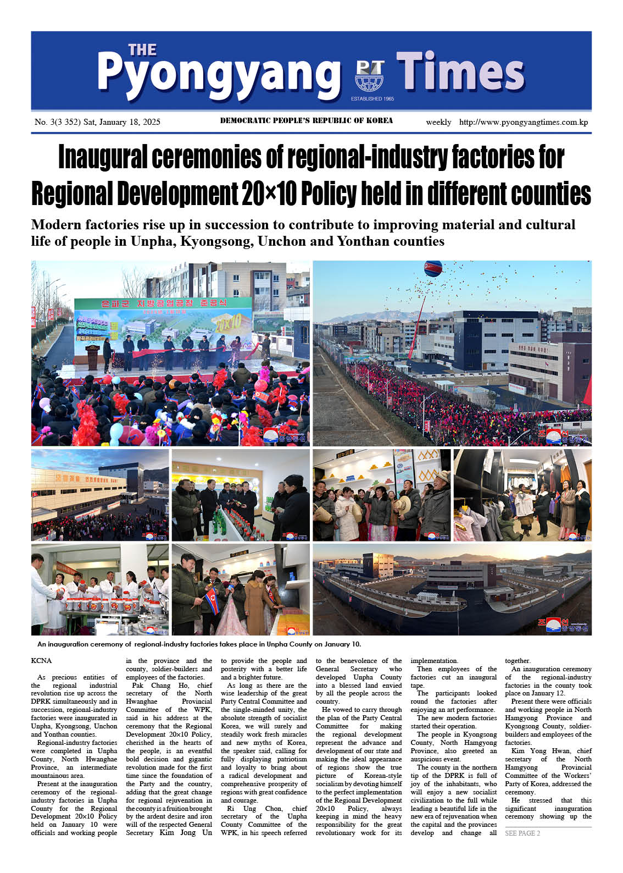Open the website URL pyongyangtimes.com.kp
524,122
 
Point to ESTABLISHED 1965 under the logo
372,99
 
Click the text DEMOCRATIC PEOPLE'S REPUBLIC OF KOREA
306,120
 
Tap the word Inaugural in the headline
103,158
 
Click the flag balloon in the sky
433,269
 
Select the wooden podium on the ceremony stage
93,357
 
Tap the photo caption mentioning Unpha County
199,644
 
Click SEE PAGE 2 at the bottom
522,833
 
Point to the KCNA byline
41,661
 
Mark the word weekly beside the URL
438,122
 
